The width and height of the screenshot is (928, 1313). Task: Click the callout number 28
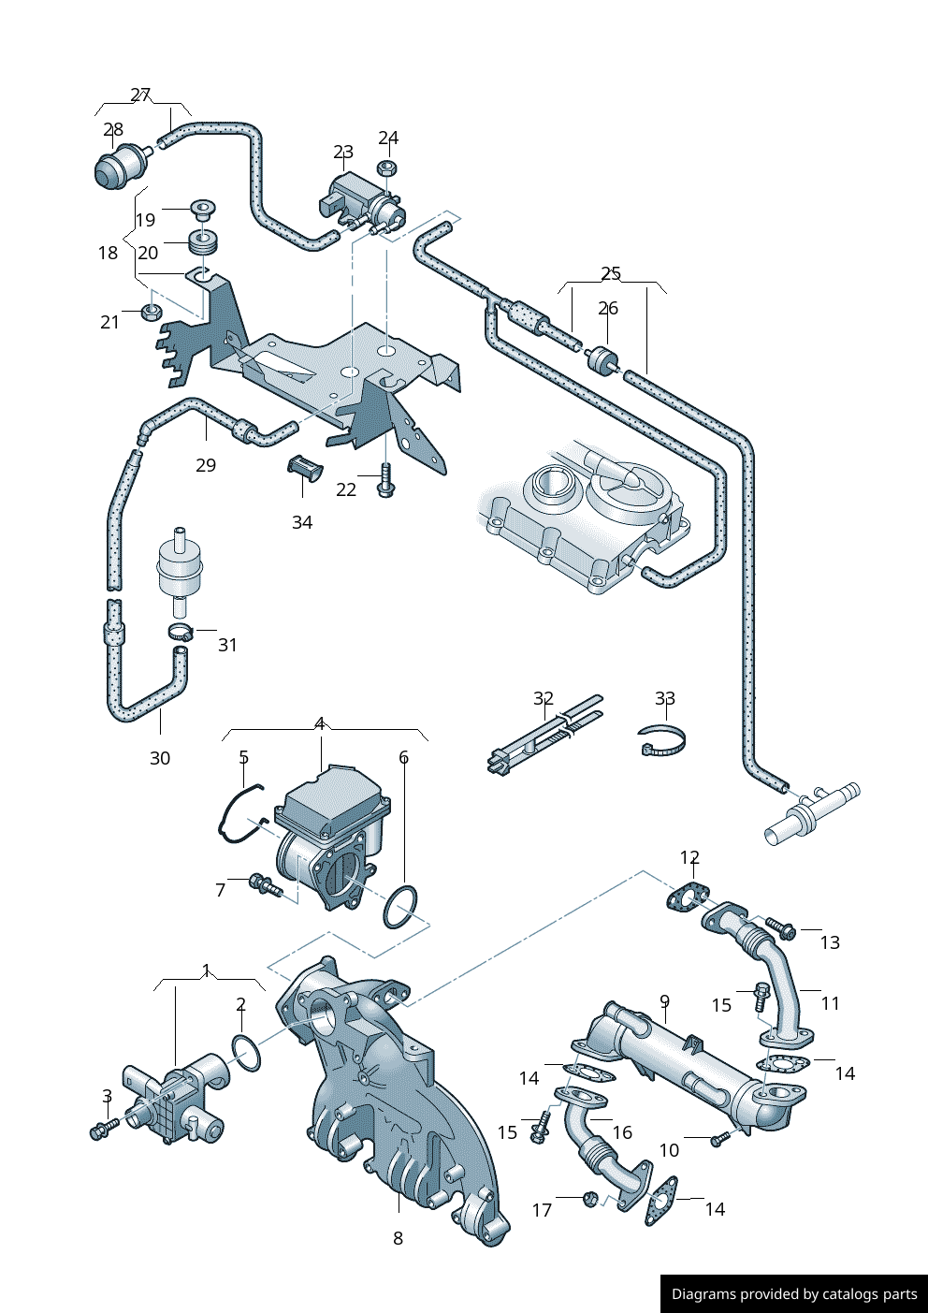coord(113,129)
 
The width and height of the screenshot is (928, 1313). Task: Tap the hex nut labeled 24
coord(388,168)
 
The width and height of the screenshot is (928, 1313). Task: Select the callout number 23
coord(343,152)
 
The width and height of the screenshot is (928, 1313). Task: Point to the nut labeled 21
coord(150,310)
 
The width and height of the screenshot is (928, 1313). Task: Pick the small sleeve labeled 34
coord(302,466)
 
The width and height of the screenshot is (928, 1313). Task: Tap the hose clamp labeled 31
coord(180,632)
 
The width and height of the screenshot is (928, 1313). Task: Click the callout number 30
coord(160,758)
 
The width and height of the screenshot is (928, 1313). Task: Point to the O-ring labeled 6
coord(400,907)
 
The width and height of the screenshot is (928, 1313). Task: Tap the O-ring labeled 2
coord(246,1053)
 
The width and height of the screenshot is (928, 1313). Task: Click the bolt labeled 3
coord(103,1129)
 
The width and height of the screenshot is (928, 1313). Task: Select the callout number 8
coord(398,1238)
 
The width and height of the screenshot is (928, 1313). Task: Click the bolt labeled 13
coord(780,928)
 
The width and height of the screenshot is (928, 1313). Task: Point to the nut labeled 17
coord(590,1198)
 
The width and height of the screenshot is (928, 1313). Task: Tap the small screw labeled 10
coord(718,1139)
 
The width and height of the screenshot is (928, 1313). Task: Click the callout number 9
coord(664,1001)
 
